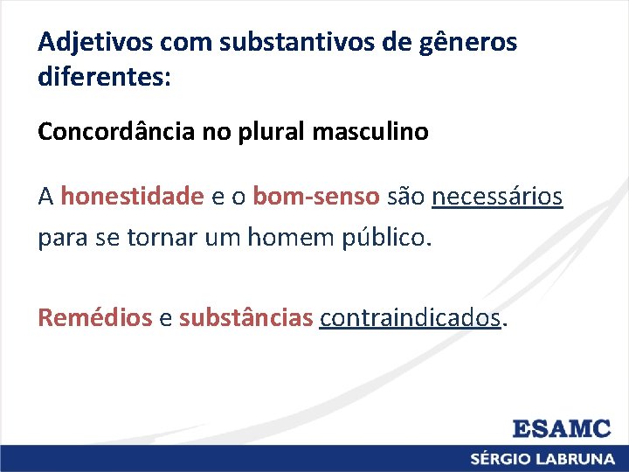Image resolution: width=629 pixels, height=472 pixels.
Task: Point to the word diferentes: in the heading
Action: [105, 78]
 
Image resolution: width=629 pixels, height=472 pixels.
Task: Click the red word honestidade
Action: [132, 198]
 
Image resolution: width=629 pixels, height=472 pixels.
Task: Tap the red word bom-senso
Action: [316, 198]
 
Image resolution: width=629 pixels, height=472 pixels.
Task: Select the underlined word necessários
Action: [497, 198]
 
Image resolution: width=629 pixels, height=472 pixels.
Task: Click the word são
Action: [406, 198]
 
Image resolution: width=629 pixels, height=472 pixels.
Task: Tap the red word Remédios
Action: [94, 318]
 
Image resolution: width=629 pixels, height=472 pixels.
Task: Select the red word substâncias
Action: [245, 318]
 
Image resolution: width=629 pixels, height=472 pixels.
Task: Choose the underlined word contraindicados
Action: [411, 318]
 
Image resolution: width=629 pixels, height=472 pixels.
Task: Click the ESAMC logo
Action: [561, 429]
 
